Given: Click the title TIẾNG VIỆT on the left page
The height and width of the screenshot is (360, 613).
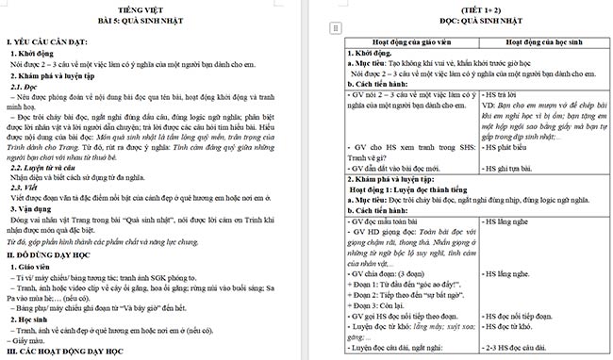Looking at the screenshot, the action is (x=152, y=8).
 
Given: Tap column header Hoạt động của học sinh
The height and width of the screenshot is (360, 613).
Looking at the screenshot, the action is (x=540, y=41).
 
